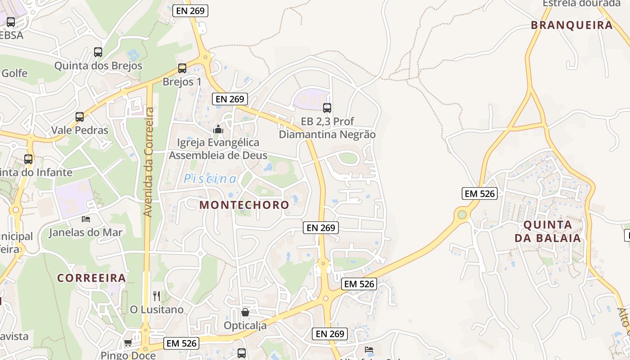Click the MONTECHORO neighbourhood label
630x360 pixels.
point(244,205)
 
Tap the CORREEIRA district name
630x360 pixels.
point(91,278)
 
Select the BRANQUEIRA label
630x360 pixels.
point(572,25)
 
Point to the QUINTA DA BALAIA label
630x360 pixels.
point(548,231)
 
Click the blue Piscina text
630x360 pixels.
point(210,179)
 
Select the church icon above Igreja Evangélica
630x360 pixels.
point(218,130)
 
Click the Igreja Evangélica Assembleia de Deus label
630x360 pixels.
point(218,149)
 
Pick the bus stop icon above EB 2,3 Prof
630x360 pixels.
point(327,108)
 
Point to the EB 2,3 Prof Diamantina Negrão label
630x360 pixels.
point(327,128)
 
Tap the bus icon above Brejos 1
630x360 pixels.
point(182,68)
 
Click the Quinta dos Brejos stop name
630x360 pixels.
point(98,66)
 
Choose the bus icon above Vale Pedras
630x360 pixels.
point(80,117)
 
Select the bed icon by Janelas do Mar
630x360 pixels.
point(86,219)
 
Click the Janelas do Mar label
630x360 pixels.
point(85,233)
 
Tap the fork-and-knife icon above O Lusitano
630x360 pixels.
point(157,296)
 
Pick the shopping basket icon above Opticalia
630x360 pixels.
point(245,312)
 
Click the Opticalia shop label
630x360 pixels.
point(245,325)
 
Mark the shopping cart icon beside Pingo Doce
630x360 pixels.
point(128,343)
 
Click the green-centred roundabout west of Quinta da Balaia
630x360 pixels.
point(462,215)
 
